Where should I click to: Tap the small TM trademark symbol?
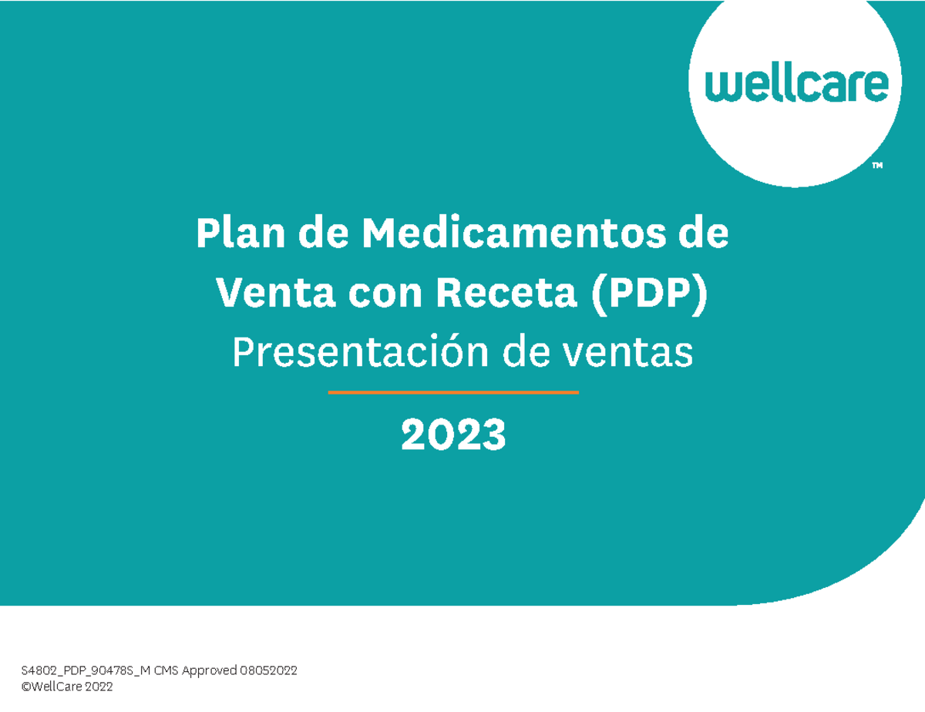click(877, 165)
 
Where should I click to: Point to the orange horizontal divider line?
click(453, 392)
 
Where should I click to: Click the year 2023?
click(453, 436)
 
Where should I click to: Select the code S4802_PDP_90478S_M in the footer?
click(86, 671)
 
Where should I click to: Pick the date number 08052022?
click(268, 671)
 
